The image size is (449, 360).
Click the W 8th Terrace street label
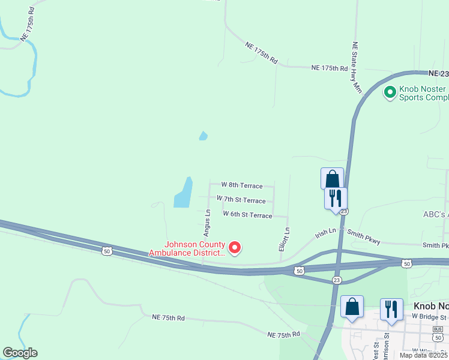pos(242,185)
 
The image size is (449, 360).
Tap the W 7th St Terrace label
pos(241,200)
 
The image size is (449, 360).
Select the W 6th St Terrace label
pos(247,214)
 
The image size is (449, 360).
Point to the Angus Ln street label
pos(207,221)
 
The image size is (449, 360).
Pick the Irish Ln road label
pos(326,233)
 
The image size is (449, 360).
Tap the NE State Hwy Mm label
pos(357,67)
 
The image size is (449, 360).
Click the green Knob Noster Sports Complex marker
pos(390,92)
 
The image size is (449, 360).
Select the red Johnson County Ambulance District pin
pos(235,247)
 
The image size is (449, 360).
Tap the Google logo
pos(20,353)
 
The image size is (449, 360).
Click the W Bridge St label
pos(429,317)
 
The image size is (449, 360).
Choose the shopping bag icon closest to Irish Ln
pos(332,179)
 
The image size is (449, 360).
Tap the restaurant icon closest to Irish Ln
pos(336,197)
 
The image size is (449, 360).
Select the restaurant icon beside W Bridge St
pos(391,309)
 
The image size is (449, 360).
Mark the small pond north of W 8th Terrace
pos(203,136)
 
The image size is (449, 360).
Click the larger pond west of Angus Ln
pos(184,193)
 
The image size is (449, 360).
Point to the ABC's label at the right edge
pos(436,214)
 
